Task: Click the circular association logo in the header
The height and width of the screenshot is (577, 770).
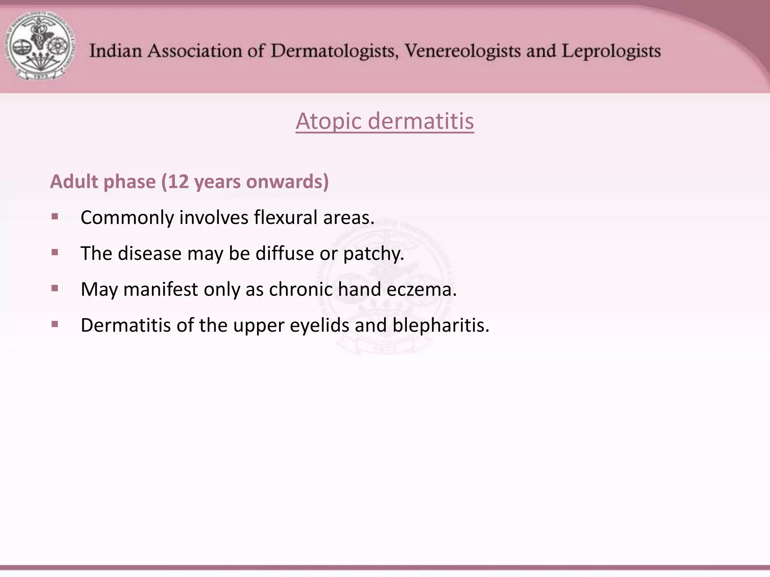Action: coord(39,46)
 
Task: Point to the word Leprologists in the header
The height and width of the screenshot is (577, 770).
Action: coord(611,51)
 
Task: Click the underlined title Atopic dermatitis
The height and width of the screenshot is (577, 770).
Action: coord(385,121)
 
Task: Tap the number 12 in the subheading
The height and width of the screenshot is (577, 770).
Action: coord(178,181)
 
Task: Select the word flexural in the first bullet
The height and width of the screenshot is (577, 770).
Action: coord(286,218)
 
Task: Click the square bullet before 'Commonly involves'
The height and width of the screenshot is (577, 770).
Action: coord(55,216)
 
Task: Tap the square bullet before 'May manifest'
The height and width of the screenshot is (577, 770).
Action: coord(55,288)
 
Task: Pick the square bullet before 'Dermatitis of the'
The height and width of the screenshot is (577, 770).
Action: coord(55,324)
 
